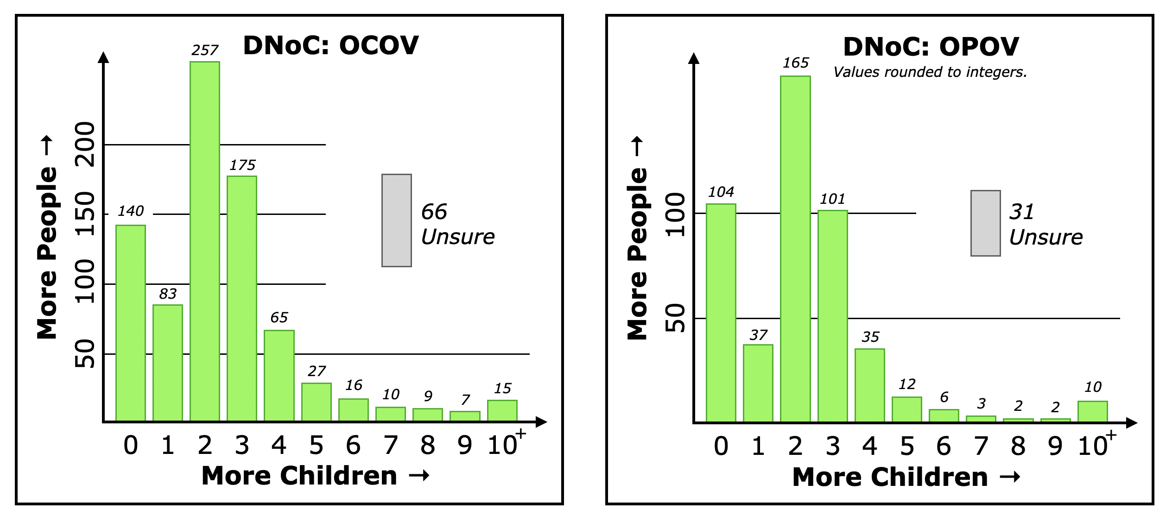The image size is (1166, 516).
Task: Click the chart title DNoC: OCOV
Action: pos(331,45)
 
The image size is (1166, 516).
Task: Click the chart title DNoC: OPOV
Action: pos(931,46)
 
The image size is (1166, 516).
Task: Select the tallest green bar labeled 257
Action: pos(205,241)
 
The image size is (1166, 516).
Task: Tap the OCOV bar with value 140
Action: pos(131,323)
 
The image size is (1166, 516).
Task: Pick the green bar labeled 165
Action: pos(795,249)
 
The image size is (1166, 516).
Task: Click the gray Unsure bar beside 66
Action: pos(397,220)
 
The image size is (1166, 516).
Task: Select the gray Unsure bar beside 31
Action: pos(986,223)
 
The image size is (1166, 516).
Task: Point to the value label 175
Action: pos(242,165)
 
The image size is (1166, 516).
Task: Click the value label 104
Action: pos(721,192)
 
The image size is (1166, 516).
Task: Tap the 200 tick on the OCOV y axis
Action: pos(85,144)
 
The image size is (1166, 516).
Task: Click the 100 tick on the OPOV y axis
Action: pos(675,214)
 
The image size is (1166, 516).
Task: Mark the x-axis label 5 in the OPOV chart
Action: pos(907,446)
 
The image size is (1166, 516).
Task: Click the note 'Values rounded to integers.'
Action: pos(930,72)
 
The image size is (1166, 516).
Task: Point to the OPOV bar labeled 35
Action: pos(870,385)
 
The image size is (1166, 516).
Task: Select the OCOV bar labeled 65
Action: pos(279,376)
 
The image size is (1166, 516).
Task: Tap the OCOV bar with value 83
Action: pos(168,363)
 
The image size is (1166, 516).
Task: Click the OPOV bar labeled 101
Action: pos(833,316)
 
